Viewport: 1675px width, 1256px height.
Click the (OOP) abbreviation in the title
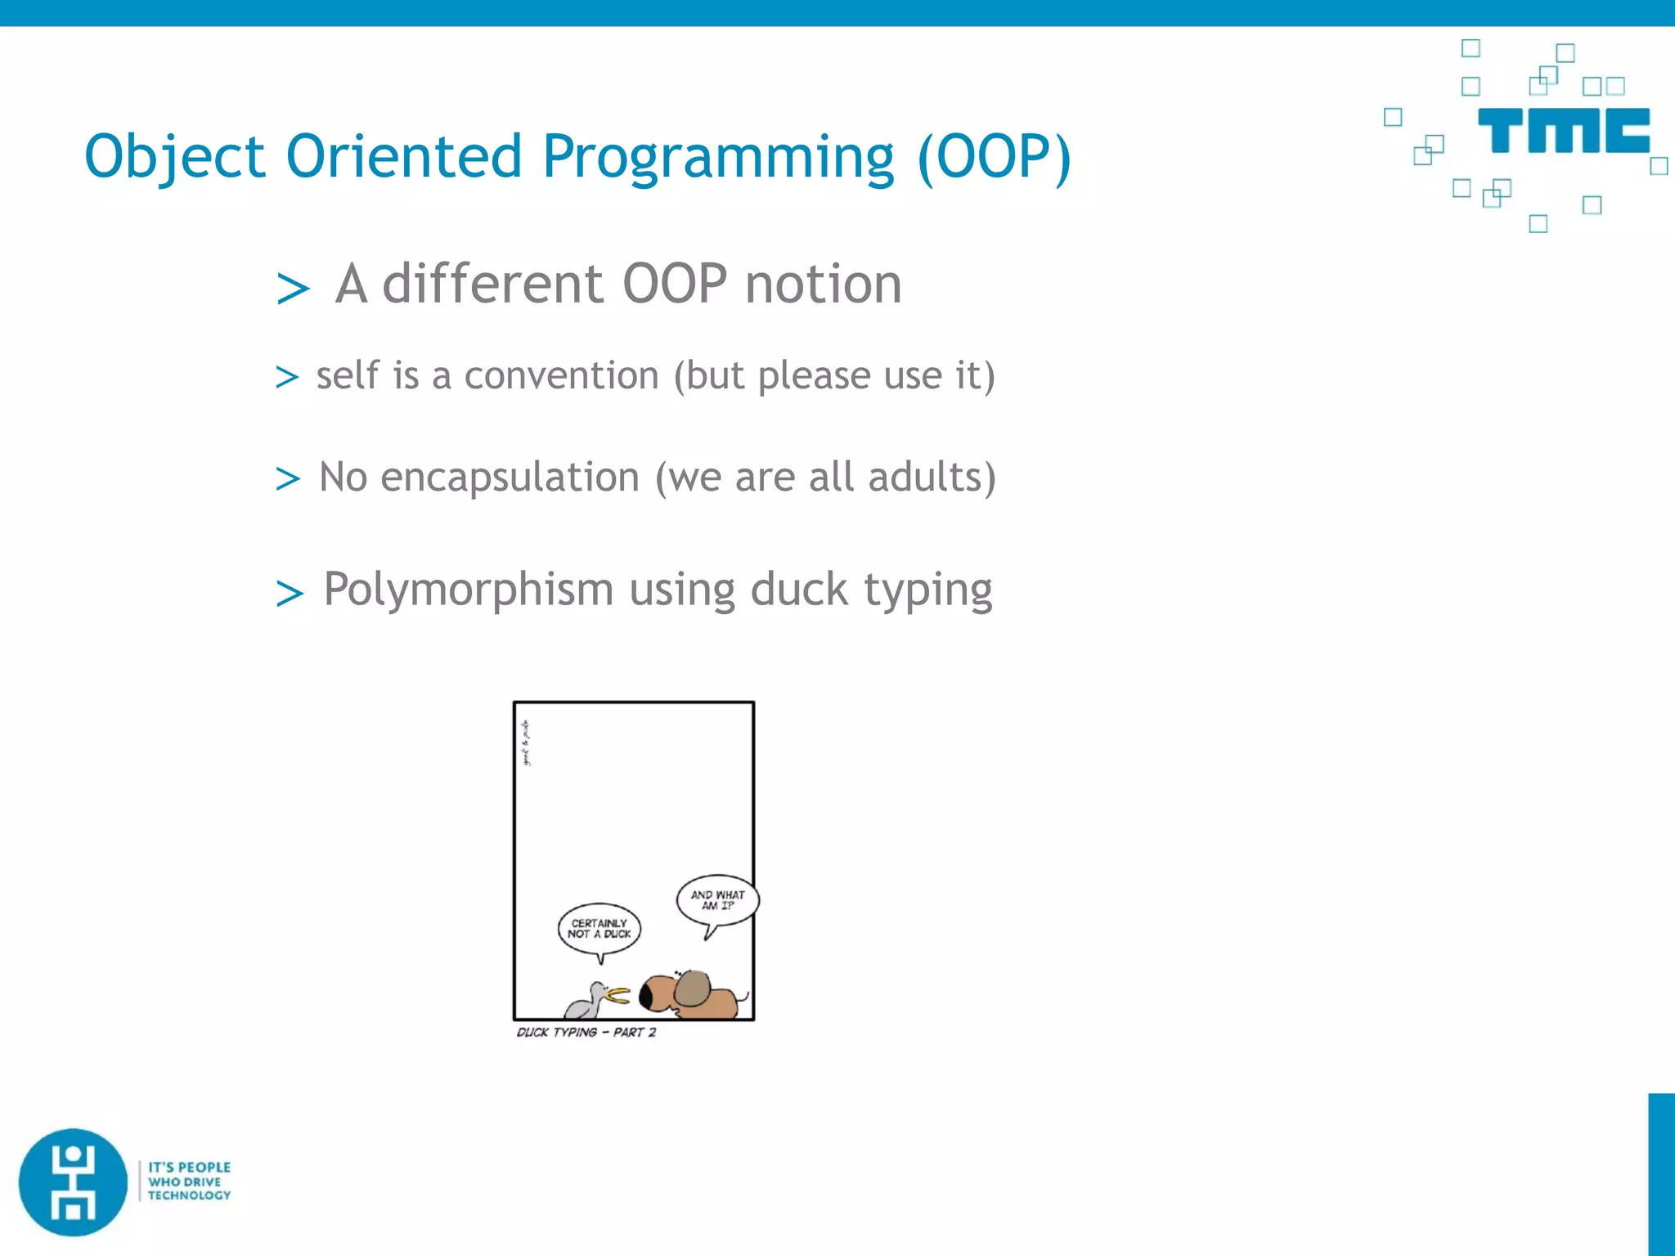[993, 157]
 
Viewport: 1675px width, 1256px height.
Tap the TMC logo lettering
[1563, 131]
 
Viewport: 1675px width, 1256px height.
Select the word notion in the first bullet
[823, 285]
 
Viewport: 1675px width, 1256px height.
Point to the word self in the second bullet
[348, 375]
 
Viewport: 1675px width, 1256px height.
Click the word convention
[561, 376]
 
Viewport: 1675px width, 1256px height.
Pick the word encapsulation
[510, 478]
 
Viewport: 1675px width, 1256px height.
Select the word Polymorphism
[469, 589]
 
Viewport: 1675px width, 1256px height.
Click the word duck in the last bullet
[798, 590]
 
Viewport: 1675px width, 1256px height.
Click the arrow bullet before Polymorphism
[290, 594]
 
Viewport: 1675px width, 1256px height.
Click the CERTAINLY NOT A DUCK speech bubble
[599, 929]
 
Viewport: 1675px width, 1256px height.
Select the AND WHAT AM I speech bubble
[717, 900]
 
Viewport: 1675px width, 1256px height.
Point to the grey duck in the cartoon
[587, 1000]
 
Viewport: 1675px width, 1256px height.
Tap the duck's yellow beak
[617, 995]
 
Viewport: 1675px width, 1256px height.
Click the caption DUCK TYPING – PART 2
[586, 1032]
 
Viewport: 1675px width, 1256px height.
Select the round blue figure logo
[74, 1182]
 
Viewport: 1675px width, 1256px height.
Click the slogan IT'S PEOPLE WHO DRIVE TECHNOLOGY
[189, 1181]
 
